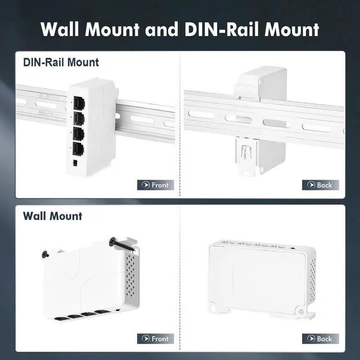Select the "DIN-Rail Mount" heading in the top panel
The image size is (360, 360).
pos(61,62)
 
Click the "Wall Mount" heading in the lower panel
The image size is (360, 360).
pos(52,216)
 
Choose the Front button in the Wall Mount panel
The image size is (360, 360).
pos(155,339)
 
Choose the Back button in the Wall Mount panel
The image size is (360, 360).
pos(320,339)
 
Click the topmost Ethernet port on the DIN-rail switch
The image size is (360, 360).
pos(78,103)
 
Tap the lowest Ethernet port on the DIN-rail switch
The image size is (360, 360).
pos(78,148)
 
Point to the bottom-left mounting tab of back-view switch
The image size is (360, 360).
pos(214,309)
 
